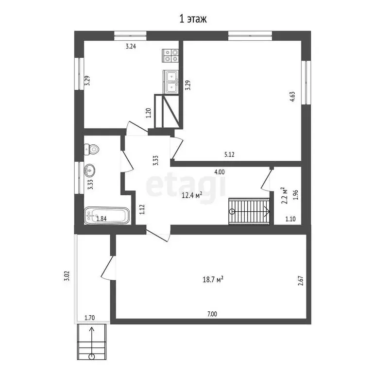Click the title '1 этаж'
click(x=193, y=19)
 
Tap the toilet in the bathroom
click(x=91, y=150)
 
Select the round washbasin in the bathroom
click(x=90, y=170)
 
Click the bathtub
click(x=107, y=216)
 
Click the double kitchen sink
click(x=170, y=81)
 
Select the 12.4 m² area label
click(x=192, y=195)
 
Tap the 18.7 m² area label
click(x=213, y=279)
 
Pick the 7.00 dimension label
click(x=212, y=314)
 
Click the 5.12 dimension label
click(x=230, y=155)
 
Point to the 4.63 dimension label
click(x=293, y=95)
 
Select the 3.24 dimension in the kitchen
click(x=131, y=47)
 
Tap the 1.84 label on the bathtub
click(x=102, y=218)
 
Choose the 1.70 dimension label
click(x=89, y=318)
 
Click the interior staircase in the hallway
click(x=249, y=211)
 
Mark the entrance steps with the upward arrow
click(x=92, y=343)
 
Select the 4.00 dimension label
click(x=220, y=171)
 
